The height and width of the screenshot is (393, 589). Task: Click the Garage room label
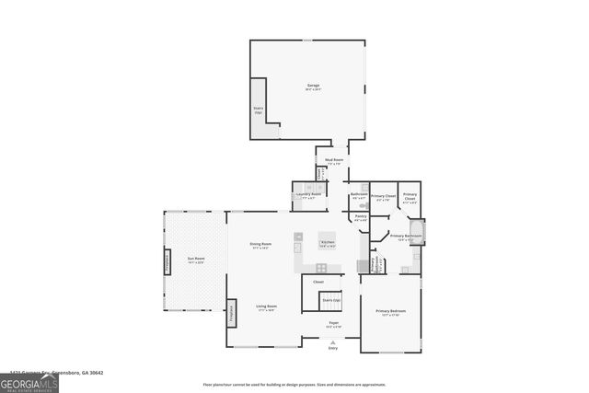(x=313, y=87)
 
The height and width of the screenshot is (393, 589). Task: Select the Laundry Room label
(x=308, y=195)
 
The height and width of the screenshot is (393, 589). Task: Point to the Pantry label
(x=361, y=217)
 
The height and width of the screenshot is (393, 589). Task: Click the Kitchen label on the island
(x=327, y=244)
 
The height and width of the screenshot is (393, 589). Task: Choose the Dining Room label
(x=260, y=245)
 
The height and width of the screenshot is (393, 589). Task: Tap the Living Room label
(x=267, y=306)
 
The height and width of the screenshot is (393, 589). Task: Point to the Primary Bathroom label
(x=406, y=237)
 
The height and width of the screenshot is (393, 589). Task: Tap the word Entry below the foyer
(x=333, y=348)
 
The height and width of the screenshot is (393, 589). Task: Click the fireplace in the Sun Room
(x=167, y=261)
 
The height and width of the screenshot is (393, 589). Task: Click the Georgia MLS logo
(x=29, y=381)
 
